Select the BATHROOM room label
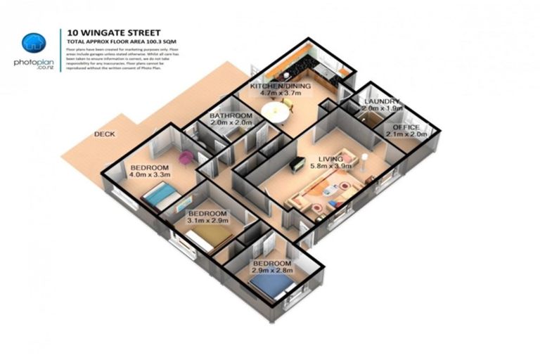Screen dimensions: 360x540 (x=231, y=115)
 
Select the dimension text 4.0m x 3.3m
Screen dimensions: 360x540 (x=148, y=176)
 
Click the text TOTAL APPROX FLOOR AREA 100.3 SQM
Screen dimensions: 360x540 (x=113, y=41)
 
